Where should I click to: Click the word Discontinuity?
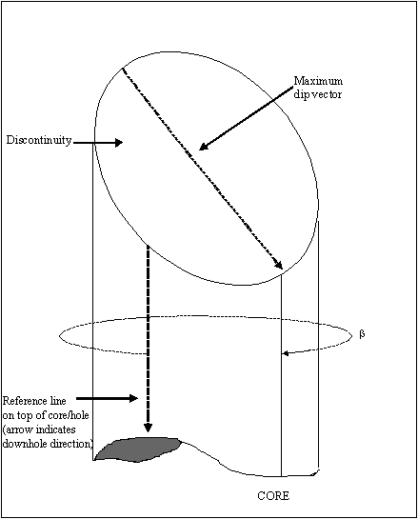39,140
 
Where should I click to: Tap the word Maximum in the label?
318,81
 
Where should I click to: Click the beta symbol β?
362,334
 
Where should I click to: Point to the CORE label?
273,495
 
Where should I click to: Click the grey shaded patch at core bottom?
137,449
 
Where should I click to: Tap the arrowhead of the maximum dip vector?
278,264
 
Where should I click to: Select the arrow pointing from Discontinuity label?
98,143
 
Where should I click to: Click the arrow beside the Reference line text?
107,398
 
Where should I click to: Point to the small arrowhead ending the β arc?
286,353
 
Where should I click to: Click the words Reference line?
34,401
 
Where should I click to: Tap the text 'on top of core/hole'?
46,415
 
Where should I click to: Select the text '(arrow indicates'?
39,429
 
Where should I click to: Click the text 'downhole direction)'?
48,444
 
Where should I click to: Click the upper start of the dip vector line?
123,69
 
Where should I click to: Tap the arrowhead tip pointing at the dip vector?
200,150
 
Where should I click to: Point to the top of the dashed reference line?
148,247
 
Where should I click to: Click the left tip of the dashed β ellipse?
60,336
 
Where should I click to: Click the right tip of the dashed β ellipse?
353,335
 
